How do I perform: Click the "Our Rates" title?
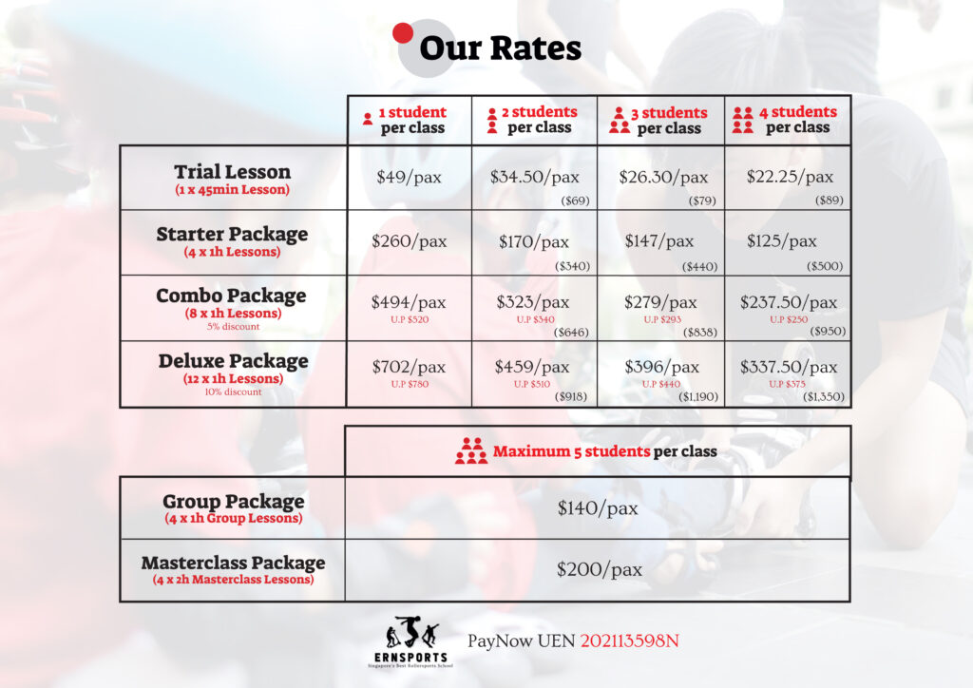pos(500,48)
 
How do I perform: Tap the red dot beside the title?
pos(403,33)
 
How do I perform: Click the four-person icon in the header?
pos(743,120)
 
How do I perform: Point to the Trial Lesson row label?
pos(232,179)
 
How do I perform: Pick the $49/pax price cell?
pos(409,178)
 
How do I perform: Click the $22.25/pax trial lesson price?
pos(790,177)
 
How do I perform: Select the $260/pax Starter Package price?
pos(409,241)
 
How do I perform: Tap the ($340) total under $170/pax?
pos(572,266)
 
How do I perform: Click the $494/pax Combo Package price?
pos(409,302)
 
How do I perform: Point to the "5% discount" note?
pos(234,326)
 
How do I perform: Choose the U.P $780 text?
pos(410,384)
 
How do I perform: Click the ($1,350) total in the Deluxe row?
pos(824,396)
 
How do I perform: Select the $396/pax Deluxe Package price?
pos(661,367)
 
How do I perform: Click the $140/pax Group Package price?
pos(598,508)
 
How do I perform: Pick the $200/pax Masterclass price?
pos(599,569)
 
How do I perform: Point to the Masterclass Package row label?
pos(234,569)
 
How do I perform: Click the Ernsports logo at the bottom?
pos(410,641)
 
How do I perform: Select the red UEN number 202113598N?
pos(630,640)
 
